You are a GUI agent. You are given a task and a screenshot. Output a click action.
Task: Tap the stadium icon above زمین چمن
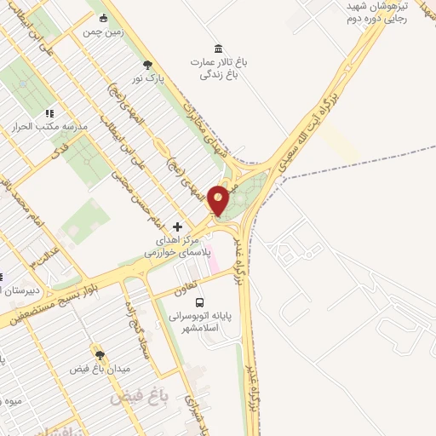[x=104, y=19]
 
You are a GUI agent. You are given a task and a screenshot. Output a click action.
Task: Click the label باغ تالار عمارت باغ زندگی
[x=217, y=69]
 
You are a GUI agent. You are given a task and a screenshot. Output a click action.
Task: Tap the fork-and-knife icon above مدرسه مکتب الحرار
[x=49, y=112]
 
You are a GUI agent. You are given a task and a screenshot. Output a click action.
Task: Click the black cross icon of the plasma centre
[x=178, y=227]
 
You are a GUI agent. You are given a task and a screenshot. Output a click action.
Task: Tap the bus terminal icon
[x=199, y=302]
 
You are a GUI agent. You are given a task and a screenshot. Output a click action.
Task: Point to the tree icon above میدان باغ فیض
[x=100, y=356]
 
